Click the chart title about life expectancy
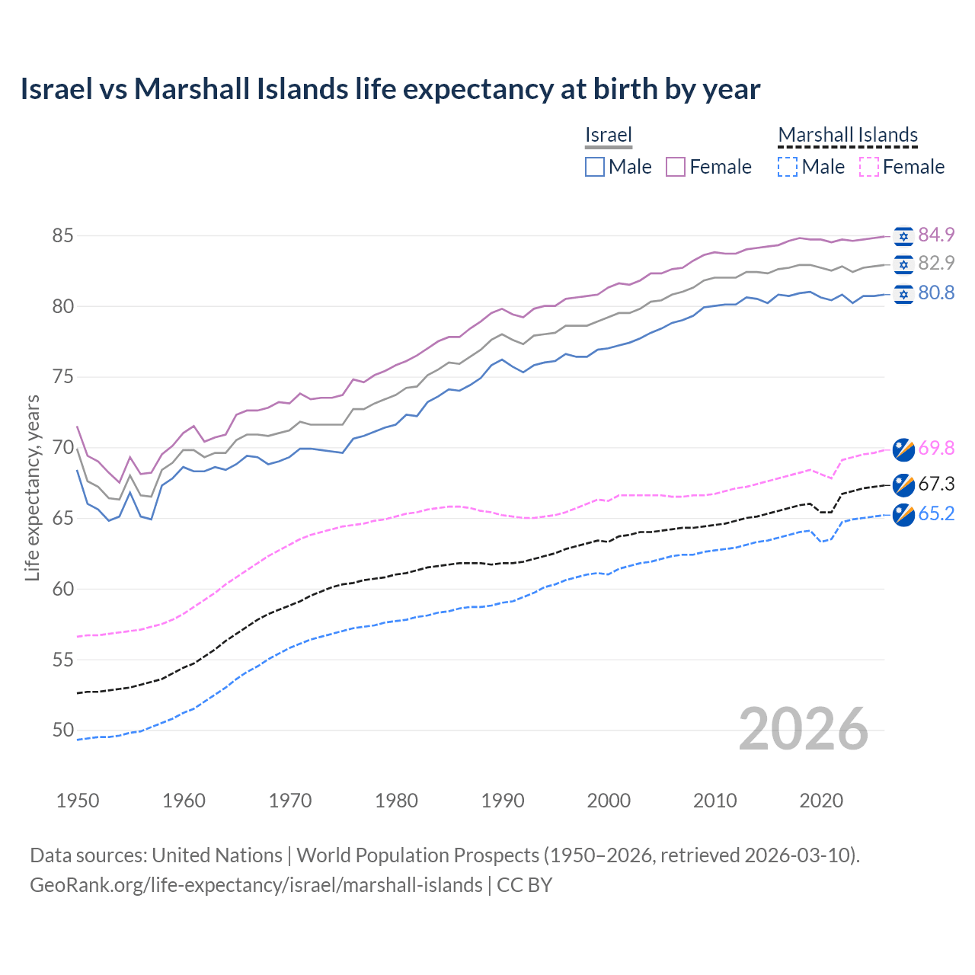click(x=390, y=89)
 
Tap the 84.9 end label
click(x=936, y=235)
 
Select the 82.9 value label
click(x=936, y=263)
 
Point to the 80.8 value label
click(x=936, y=293)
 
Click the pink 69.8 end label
click(x=936, y=448)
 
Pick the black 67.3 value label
click(x=936, y=484)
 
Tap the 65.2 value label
click(x=936, y=514)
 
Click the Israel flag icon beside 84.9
click(x=903, y=236)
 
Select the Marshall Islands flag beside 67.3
click(x=903, y=484)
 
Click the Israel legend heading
click(x=609, y=135)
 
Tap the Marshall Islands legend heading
click(x=848, y=135)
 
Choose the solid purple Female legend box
click(x=676, y=167)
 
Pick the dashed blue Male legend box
click(x=788, y=167)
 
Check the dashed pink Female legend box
click(x=868, y=167)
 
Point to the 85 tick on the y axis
click(x=62, y=236)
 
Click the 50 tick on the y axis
click(x=62, y=730)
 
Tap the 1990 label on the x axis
click(x=503, y=801)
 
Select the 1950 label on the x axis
click(x=78, y=801)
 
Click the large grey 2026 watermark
click(x=803, y=729)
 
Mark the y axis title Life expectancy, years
click(x=32, y=487)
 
